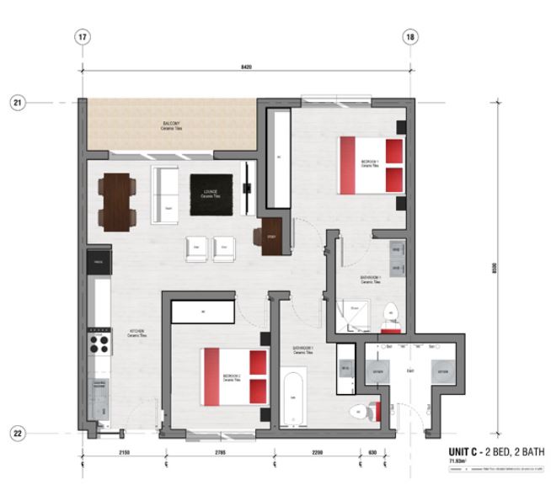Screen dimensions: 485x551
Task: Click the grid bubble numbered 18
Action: [410, 37]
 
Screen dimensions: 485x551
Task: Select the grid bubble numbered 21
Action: [18, 103]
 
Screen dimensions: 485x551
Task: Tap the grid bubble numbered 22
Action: [18, 433]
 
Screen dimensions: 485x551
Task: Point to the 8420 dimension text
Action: [246, 67]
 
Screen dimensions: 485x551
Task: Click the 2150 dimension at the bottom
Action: [125, 454]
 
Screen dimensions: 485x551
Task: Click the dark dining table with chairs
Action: [117, 202]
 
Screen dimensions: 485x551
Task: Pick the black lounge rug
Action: [211, 195]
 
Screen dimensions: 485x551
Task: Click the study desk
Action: [271, 236]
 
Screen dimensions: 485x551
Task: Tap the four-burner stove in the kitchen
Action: [99, 344]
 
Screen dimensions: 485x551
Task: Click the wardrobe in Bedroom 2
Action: [202, 312]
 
